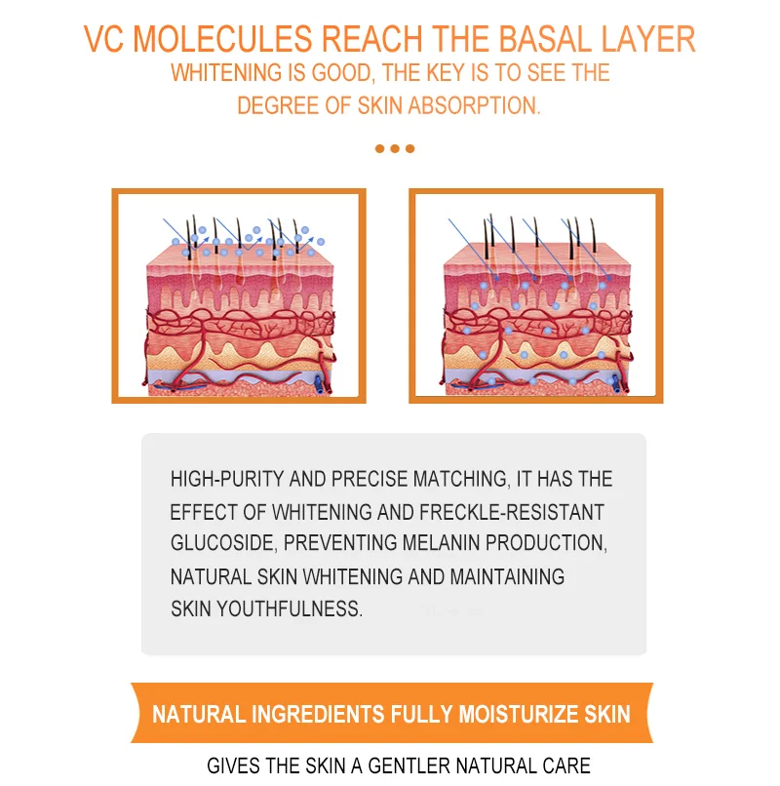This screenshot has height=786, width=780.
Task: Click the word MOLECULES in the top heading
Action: pos(222,39)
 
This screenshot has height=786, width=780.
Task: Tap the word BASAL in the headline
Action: pos(545,39)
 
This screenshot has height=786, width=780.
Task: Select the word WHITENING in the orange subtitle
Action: pos(226,73)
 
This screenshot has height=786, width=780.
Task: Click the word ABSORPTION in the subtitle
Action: pos(474,105)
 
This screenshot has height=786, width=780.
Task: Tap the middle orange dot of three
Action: pos(395,148)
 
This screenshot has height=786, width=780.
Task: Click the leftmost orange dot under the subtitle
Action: pos(379,148)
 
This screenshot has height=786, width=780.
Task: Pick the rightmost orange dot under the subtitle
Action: pos(410,148)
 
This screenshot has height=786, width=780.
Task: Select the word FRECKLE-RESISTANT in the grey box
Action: pos(512,512)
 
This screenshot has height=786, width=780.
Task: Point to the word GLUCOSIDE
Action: pos(223,543)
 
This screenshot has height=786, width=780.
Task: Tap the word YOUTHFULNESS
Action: pos(289,609)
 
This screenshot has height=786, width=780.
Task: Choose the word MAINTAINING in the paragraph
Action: pos(507,576)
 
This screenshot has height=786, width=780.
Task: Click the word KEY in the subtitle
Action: pos(447,73)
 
